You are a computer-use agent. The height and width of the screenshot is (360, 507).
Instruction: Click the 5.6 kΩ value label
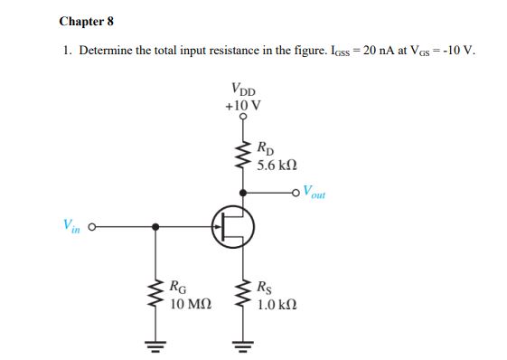pos(276,166)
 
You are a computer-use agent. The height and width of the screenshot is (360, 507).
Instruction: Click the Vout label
pos(315,192)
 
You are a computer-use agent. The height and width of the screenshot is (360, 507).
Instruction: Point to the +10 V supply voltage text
pos(243,104)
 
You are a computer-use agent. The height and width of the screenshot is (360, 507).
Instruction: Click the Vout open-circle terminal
pos(299,191)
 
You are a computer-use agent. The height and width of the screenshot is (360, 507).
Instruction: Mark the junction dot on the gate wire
pos(156,226)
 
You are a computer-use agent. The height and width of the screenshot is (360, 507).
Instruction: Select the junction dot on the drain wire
pos(243,191)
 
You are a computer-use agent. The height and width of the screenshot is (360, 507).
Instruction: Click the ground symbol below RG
pos(156,341)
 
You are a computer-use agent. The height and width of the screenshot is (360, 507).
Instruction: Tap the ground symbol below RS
pos(243,341)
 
